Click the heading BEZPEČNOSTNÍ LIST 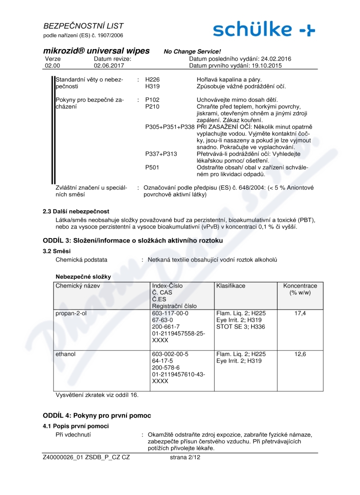83,26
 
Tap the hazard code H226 153,79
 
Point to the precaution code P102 153,99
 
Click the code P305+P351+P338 170,127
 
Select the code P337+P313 161,154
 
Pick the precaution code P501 153,167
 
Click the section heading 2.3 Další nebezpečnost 76,211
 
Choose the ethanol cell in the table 66,354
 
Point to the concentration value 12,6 300,354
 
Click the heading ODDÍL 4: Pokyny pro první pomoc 97,415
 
